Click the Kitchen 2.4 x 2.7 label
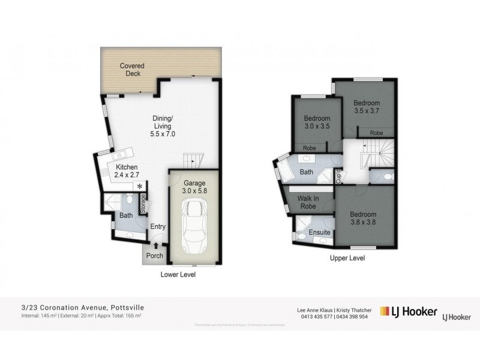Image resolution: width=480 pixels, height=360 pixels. pyautogui.click(x=127, y=171)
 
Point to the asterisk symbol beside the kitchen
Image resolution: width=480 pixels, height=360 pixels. pyautogui.click(x=140, y=187)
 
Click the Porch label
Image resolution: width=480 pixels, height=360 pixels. pyautogui.click(x=155, y=256)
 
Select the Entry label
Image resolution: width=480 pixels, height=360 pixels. pyautogui.click(x=158, y=226)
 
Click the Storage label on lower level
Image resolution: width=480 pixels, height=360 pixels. pyautogui.click(x=143, y=205)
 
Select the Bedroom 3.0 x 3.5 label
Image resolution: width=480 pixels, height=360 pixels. pyautogui.click(x=317, y=122)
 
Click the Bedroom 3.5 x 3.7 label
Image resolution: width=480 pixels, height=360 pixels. pyautogui.click(x=367, y=107)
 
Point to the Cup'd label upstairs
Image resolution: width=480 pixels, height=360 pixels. pyautogui.click(x=338, y=176)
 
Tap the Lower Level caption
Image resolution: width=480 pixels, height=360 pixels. pyautogui.click(x=179, y=275)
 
